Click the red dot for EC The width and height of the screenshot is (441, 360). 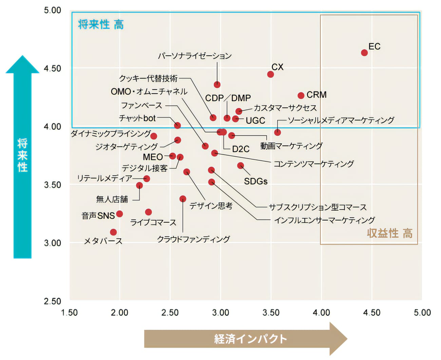[364, 53]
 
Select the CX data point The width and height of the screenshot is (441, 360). [270, 74]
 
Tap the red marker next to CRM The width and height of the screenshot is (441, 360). [301, 96]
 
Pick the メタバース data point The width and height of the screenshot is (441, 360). [113, 232]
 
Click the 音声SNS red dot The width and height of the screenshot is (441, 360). [119, 214]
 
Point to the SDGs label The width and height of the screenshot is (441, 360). [255, 181]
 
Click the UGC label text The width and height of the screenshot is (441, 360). [255, 120]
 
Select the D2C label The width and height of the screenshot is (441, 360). [241, 149]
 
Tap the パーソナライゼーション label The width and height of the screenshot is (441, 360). [195, 56]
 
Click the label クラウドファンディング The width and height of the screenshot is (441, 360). [193, 239]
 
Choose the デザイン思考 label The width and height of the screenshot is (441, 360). [211, 206]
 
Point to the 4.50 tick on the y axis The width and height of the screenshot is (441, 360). [52, 68]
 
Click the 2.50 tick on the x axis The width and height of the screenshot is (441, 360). [170, 313]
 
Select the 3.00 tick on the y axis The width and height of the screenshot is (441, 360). [52, 243]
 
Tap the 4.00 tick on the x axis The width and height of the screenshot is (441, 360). [321, 313]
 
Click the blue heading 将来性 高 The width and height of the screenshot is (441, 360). [101, 24]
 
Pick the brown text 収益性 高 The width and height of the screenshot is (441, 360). [389, 233]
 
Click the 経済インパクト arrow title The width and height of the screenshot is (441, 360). [250, 339]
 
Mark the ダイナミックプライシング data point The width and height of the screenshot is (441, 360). [153, 136]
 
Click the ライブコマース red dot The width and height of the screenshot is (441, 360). [148, 212]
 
